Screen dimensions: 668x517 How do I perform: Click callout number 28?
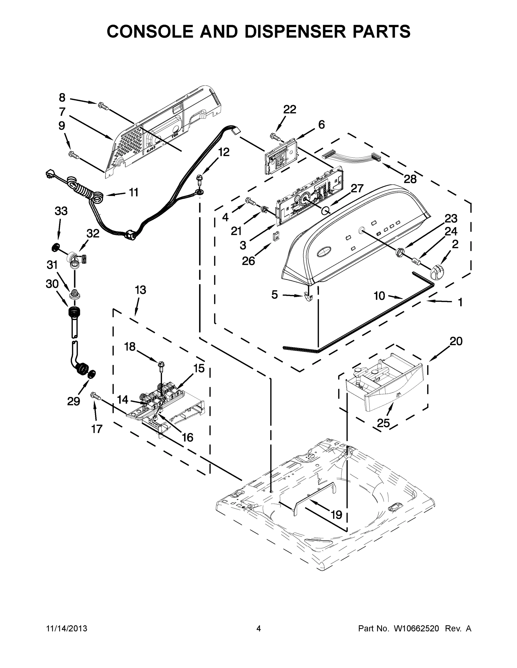pos(410,179)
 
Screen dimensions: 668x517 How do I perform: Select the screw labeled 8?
pos(103,106)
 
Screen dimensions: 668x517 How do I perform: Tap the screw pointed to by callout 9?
pos(74,155)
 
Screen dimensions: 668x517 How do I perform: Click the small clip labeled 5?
pos(309,296)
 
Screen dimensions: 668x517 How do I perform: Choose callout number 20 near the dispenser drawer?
pos(456,341)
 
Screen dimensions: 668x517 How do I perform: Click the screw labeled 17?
pos(96,396)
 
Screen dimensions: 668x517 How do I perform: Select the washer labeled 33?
pos(55,247)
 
